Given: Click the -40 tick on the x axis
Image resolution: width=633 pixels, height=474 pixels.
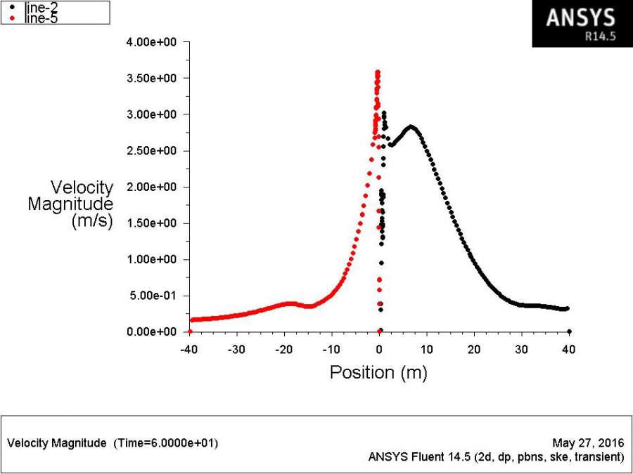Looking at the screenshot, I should pos(188,350).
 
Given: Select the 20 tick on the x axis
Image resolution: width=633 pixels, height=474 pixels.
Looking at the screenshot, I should pos(475,350).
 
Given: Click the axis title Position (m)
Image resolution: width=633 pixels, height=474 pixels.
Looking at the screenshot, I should pos(378,372).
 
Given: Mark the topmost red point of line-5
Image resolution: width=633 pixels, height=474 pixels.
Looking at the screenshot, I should pos(378,72).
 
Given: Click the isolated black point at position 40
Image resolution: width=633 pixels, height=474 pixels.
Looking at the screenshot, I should pos(569,331).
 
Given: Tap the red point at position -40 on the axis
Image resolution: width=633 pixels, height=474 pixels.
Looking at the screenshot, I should pos(190,331).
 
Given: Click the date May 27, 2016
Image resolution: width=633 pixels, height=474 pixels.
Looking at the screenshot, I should pos(589,443).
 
